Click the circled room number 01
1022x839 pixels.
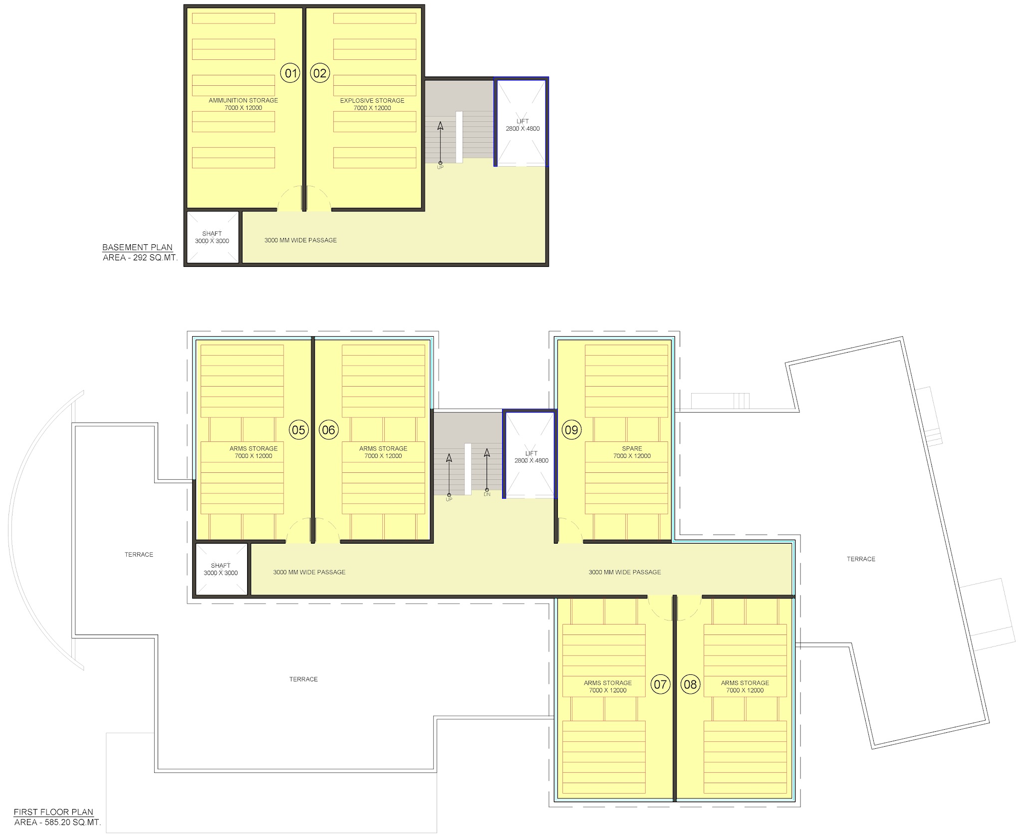(x=290, y=73)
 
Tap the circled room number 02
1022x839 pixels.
(x=320, y=73)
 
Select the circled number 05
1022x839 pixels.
(x=298, y=430)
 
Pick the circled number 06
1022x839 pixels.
(x=328, y=430)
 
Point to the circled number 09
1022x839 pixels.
(x=571, y=430)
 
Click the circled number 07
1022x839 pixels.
(x=660, y=684)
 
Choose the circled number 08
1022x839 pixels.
(x=690, y=684)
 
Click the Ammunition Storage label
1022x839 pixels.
(x=244, y=100)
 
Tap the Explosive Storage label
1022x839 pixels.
(x=372, y=100)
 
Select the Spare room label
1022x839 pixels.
(x=632, y=448)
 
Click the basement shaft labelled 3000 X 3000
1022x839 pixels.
(x=212, y=237)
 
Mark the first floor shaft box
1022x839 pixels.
(x=221, y=569)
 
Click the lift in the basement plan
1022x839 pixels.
(x=521, y=122)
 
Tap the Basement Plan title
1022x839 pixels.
(x=137, y=247)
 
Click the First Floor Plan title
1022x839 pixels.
(x=53, y=812)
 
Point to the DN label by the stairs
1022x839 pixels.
(x=487, y=494)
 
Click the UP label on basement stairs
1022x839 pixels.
(x=440, y=167)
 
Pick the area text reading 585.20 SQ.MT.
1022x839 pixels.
(x=73, y=823)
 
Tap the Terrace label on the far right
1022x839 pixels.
(x=861, y=559)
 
